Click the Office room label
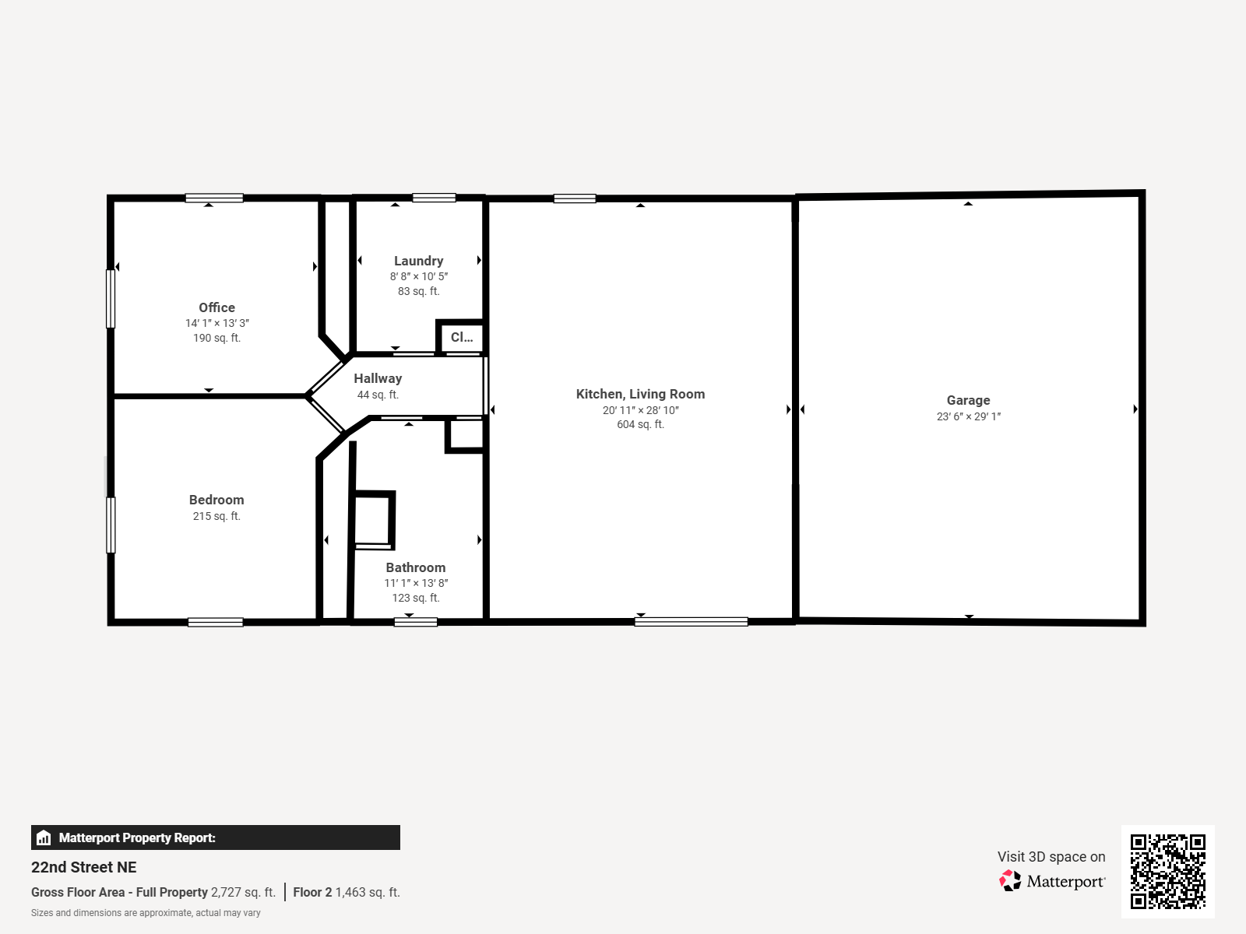click(216, 307)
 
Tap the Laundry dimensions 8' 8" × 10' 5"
click(419, 276)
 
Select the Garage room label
click(968, 400)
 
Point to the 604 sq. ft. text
click(640, 424)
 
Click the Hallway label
click(378, 378)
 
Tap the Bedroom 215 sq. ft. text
click(216, 516)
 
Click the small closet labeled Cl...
click(462, 337)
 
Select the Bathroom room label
click(416, 567)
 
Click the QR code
click(1167, 871)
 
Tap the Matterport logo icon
click(1010, 881)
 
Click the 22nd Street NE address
click(84, 867)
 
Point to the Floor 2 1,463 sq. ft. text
click(347, 892)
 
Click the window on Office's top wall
click(214, 198)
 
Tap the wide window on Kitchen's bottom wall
click(691, 622)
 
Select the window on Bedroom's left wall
click(111, 525)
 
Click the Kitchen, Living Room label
click(640, 394)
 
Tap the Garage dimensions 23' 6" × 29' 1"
click(968, 416)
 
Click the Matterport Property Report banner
click(215, 837)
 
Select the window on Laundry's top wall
click(434, 198)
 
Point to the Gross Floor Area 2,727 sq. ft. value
click(243, 892)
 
